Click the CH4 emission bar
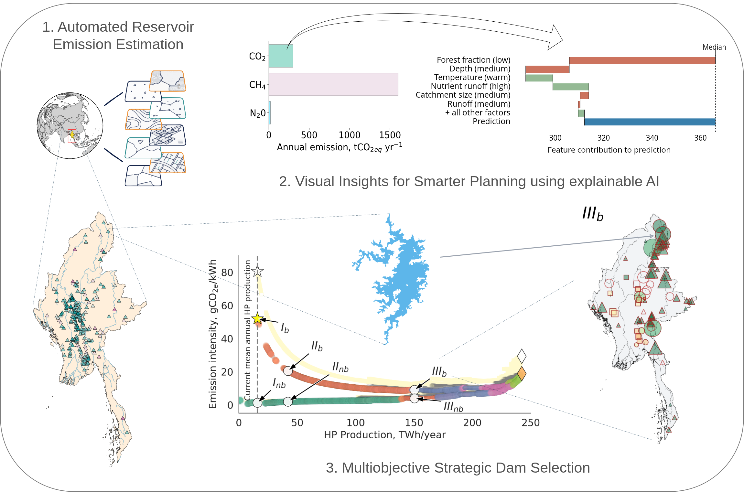(x=333, y=84)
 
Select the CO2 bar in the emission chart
(x=281, y=56)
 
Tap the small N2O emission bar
(x=270, y=113)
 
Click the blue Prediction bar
(x=650, y=122)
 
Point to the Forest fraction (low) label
(x=473, y=60)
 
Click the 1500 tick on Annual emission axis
(x=390, y=135)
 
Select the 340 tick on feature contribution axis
(x=652, y=138)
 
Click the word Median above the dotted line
(x=714, y=47)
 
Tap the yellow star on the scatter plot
(x=257, y=319)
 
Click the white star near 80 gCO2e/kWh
(x=257, y=272)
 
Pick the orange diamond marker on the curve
(x=522, y=374)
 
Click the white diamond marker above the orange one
(x=522, y=356)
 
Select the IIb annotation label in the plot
(x=317, y=346)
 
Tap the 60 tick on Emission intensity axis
(x=227, y=306)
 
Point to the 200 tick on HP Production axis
(x=472, y=423)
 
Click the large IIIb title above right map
(x=593, y=214)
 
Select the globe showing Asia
(x=70, y=125)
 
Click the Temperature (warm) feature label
(x=472, y=78)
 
